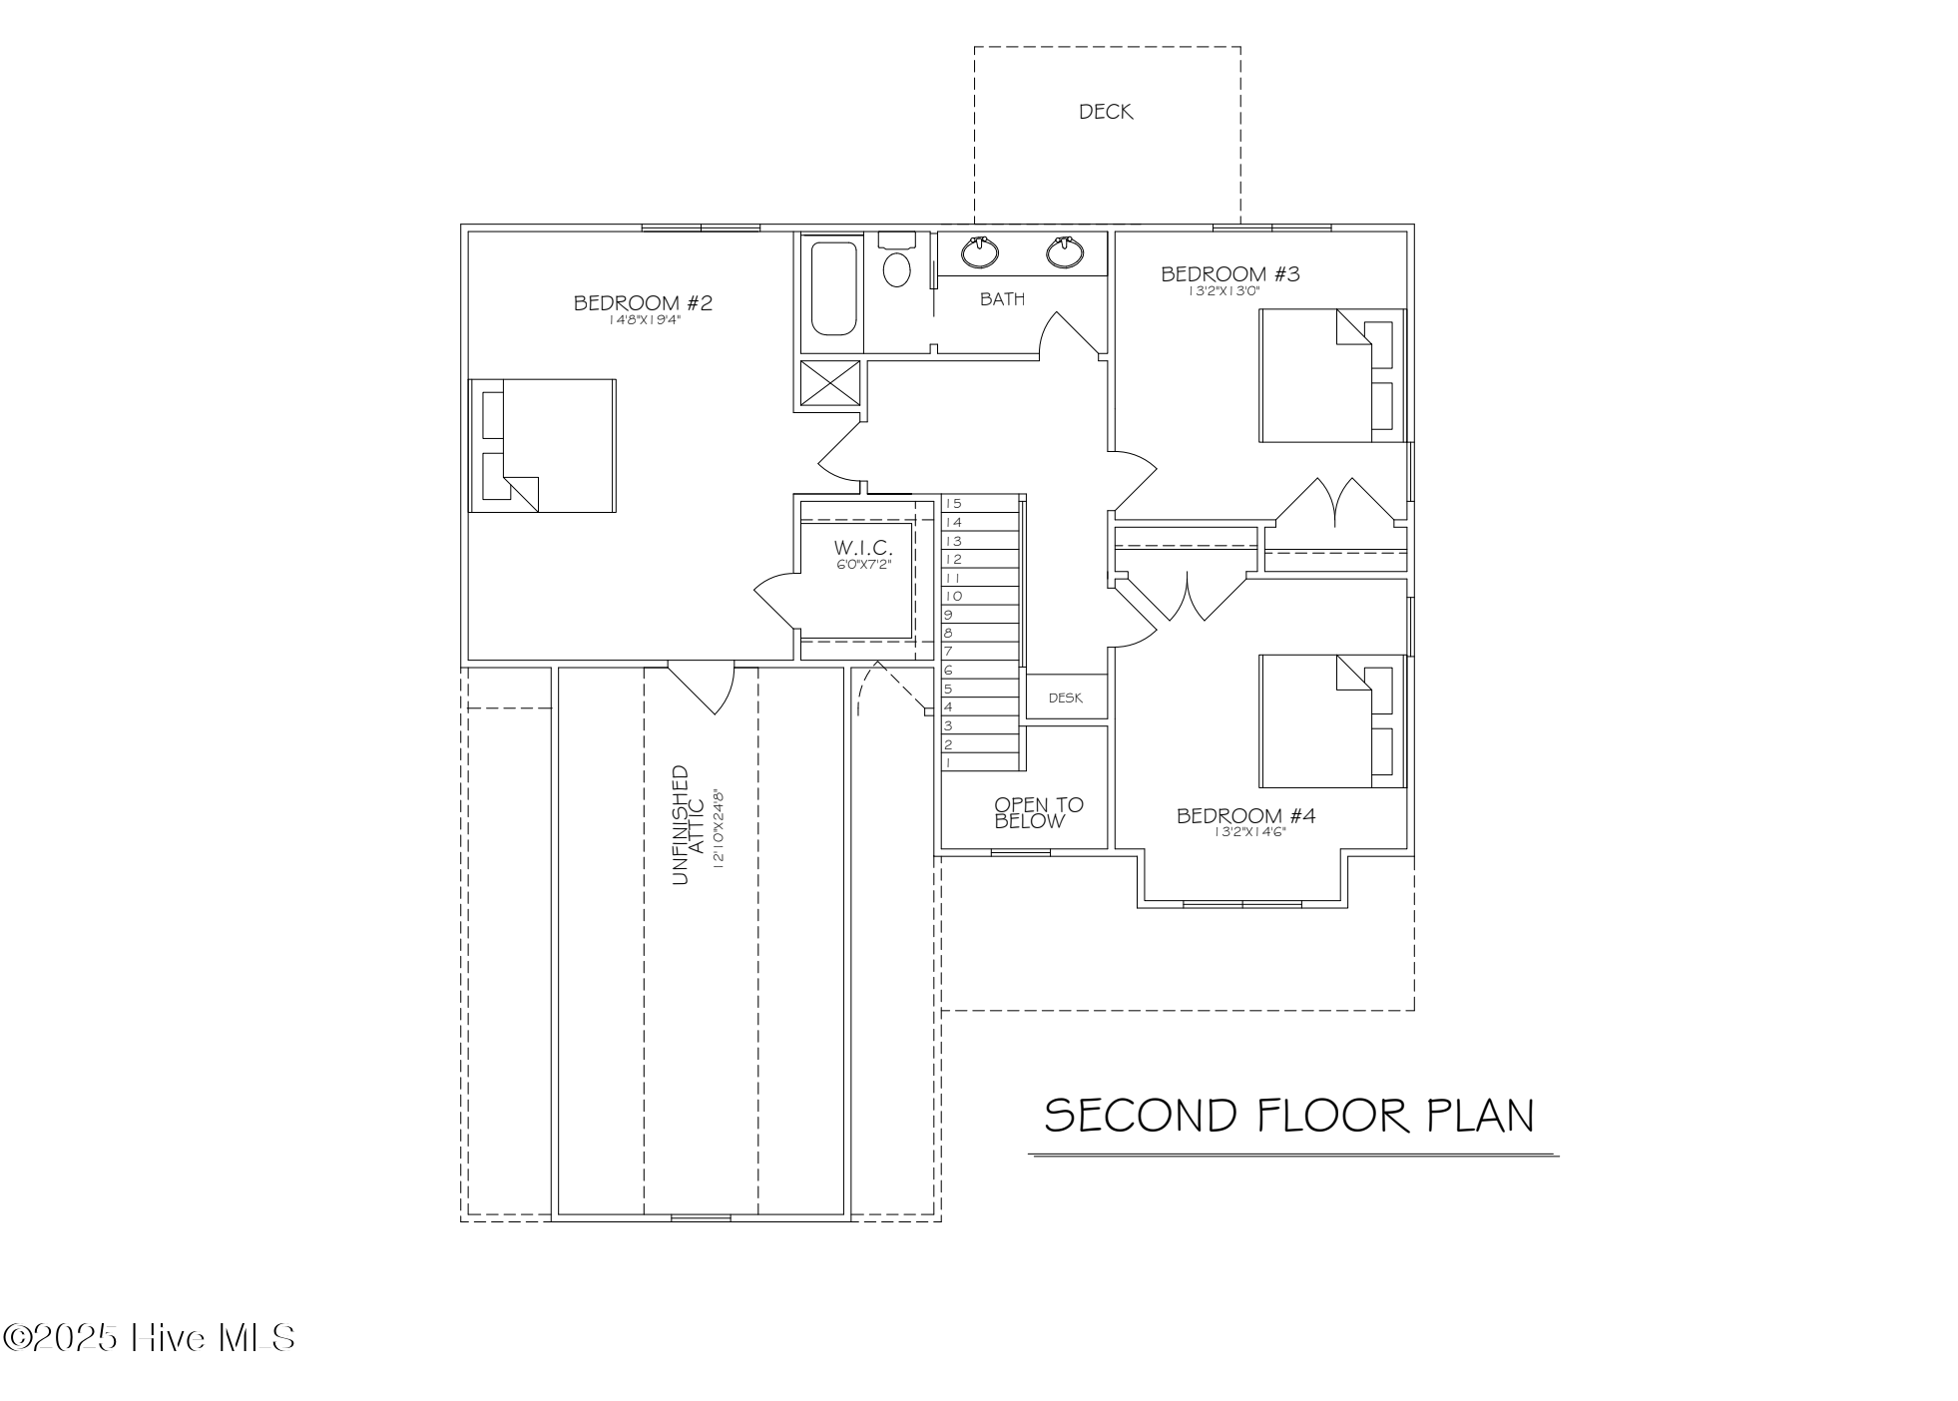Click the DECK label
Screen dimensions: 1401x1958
coord(1105,112)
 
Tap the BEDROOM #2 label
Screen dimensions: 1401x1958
coord(643,302)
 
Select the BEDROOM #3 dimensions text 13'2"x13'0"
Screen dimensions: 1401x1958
coord(1224,291)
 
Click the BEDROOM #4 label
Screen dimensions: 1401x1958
coord(1244,815)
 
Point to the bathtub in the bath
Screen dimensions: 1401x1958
coord(832,286)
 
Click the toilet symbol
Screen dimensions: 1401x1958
coord(896,261)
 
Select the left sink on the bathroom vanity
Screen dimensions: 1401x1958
coord(980,251)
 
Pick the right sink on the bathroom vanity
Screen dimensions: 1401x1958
coord(1065,251)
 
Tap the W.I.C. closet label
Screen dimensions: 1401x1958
coord(863,548)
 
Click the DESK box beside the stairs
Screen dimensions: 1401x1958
coord(1065,698)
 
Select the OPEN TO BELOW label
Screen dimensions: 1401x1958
coord(1037,812)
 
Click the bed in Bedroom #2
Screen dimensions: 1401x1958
coord(543,445)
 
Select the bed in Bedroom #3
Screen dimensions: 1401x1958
coord(1330,375)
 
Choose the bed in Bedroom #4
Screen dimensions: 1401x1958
coord(1330,720)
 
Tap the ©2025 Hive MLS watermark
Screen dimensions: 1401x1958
coord(149,1337)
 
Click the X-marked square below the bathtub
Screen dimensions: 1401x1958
coord(830,383)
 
